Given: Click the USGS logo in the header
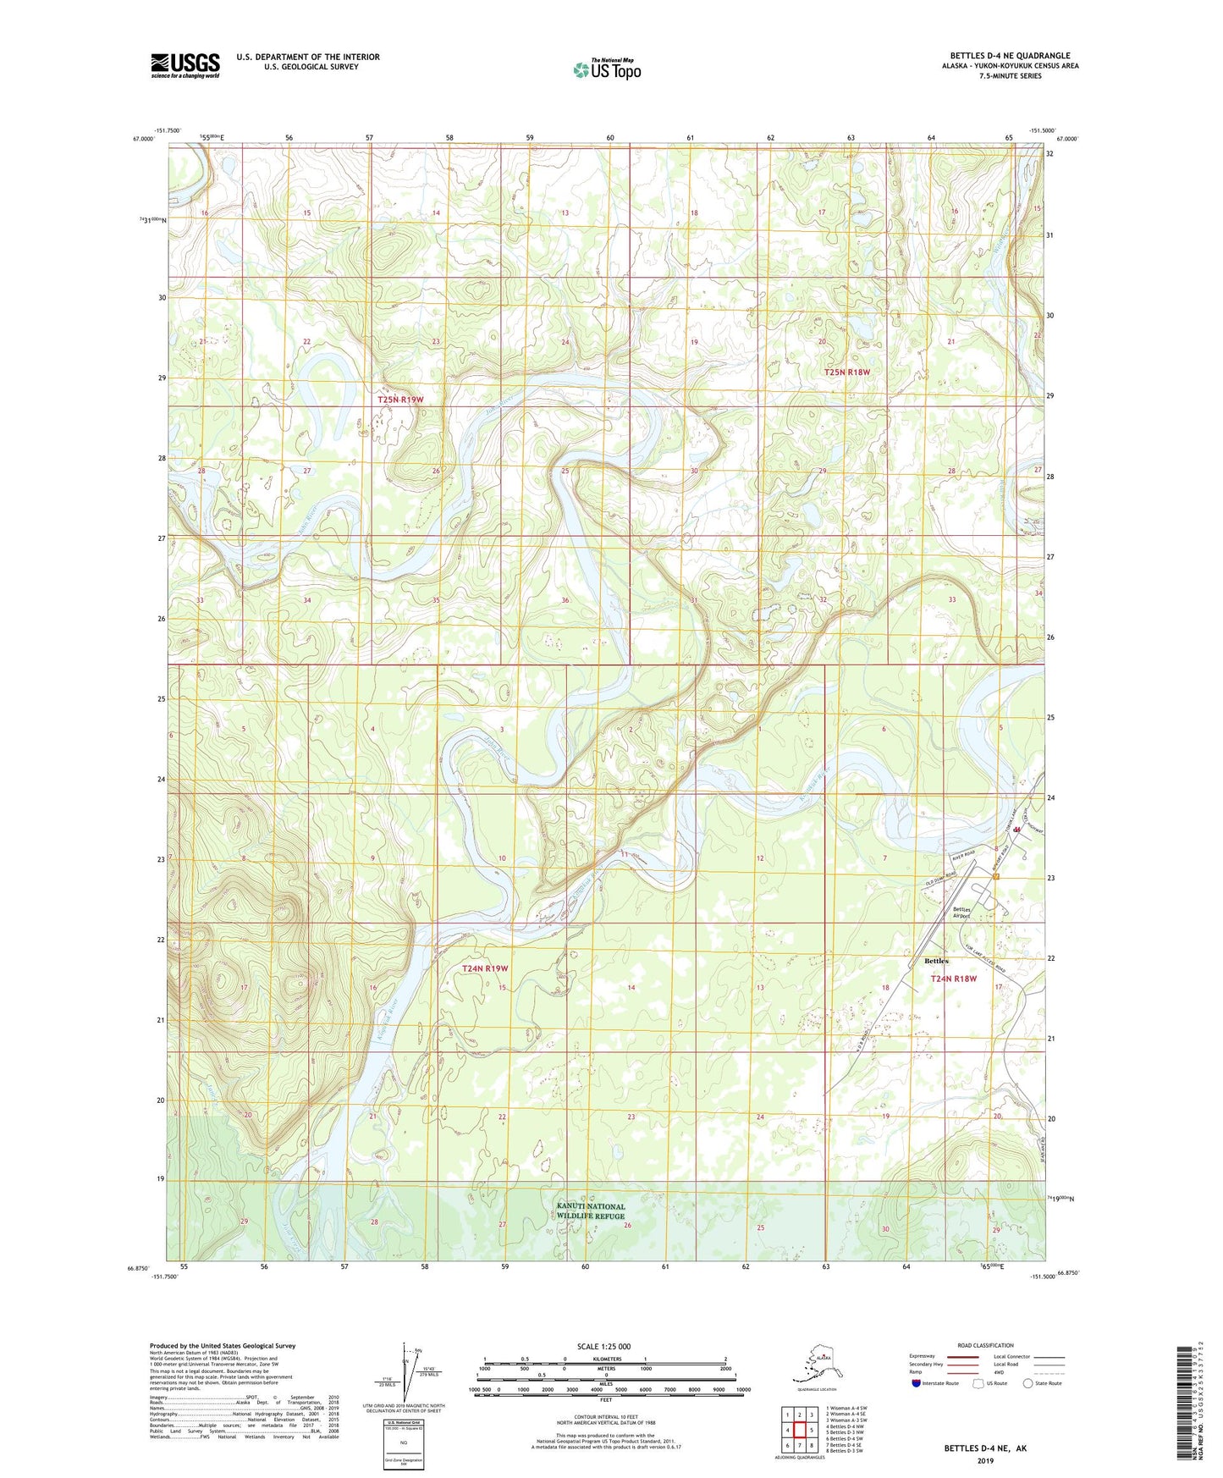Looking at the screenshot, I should [185, 65].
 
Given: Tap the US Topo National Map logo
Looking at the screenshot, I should [607, 69].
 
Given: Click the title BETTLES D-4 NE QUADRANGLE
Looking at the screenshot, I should [1009, 56].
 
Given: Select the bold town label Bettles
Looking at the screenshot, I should [936, 961].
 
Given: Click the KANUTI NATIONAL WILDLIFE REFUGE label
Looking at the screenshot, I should [591, 1211].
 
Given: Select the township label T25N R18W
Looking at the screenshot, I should [847, 372].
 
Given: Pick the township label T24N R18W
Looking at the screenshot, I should [954, 979].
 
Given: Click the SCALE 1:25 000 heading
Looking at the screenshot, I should [603, 1346].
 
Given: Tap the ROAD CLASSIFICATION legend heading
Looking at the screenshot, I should [986, 1345].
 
